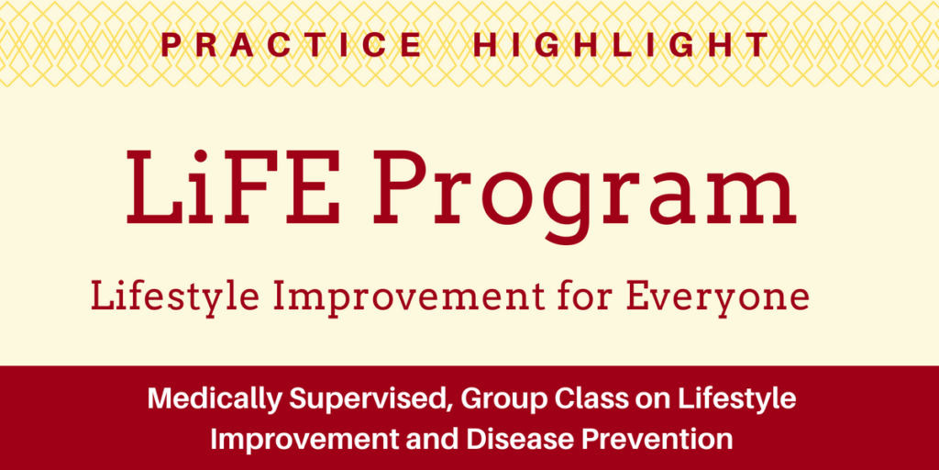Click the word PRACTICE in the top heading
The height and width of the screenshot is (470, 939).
click(x=292, y=45)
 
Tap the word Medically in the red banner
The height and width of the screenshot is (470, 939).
click(x=212, y=400)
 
